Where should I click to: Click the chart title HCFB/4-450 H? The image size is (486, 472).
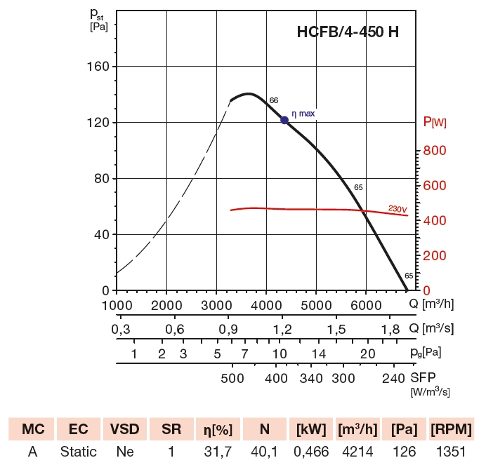tap(349, 32)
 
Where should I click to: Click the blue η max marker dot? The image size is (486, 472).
tap(284, 120)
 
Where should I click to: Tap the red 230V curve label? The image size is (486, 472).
tap(397, 208)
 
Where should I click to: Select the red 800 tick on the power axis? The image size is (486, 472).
tap(435, 150)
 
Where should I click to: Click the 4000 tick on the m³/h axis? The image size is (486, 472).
tap(266, 305)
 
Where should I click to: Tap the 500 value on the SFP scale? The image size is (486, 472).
tap(232, 378)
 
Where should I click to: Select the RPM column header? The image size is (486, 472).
tap(450, 429)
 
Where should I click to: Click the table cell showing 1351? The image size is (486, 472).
tap(450, 452)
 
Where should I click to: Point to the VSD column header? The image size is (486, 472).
tap(125, 429)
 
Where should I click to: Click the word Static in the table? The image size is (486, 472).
tap(78, 452)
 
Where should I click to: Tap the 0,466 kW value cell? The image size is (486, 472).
tap(311, 452)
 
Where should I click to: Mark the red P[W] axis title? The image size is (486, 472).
tap(435, 123)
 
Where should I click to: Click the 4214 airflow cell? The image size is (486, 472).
tap(358, 452)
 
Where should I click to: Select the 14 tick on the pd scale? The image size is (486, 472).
tap(320, 353)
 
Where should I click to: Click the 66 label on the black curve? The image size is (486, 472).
tap(274, 100)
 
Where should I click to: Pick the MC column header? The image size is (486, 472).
tap(32, 429)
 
